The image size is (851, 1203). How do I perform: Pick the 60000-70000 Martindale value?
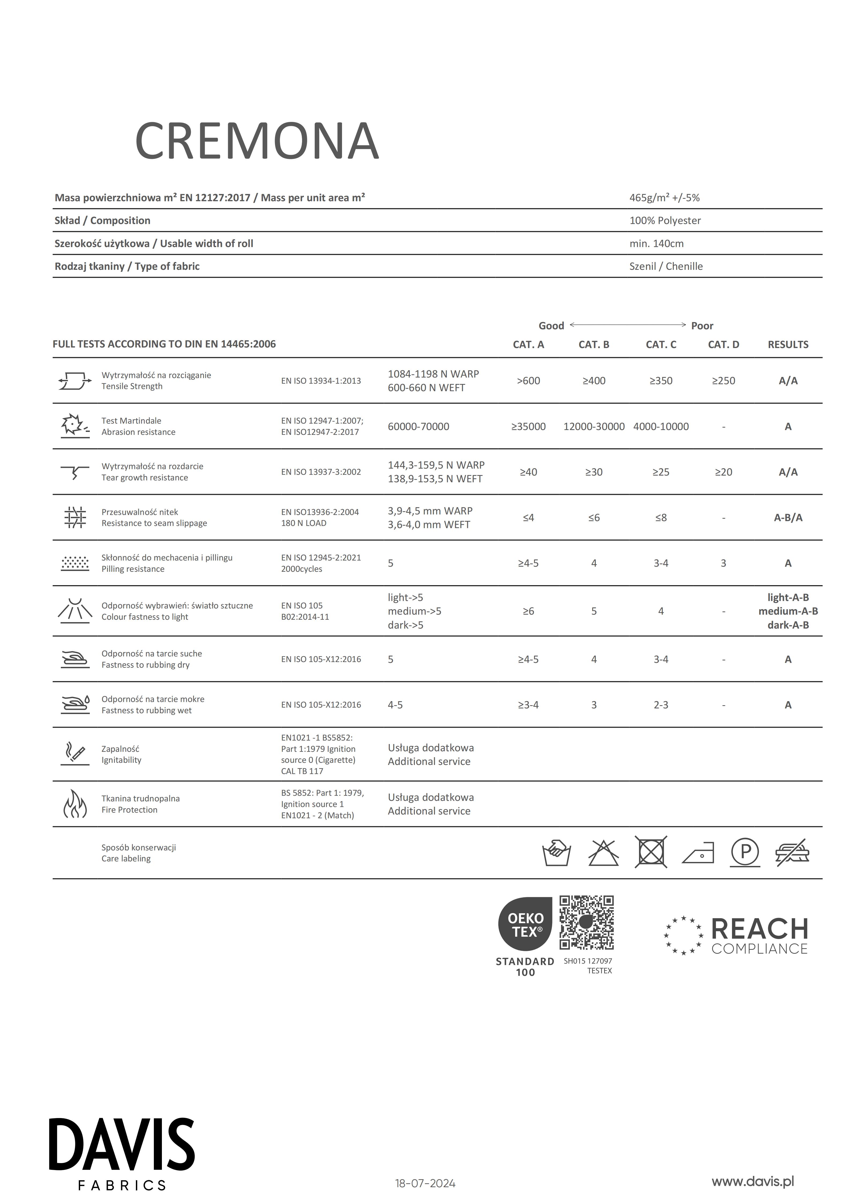coord(418,427)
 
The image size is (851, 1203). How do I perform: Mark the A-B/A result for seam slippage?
coord(787,518)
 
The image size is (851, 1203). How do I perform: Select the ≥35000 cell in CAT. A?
coord(528,427)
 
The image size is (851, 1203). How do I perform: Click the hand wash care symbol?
coord(556,853)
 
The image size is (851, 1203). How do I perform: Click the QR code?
coord(586,922)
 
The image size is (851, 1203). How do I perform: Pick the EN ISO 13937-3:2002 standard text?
coord(321,472)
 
